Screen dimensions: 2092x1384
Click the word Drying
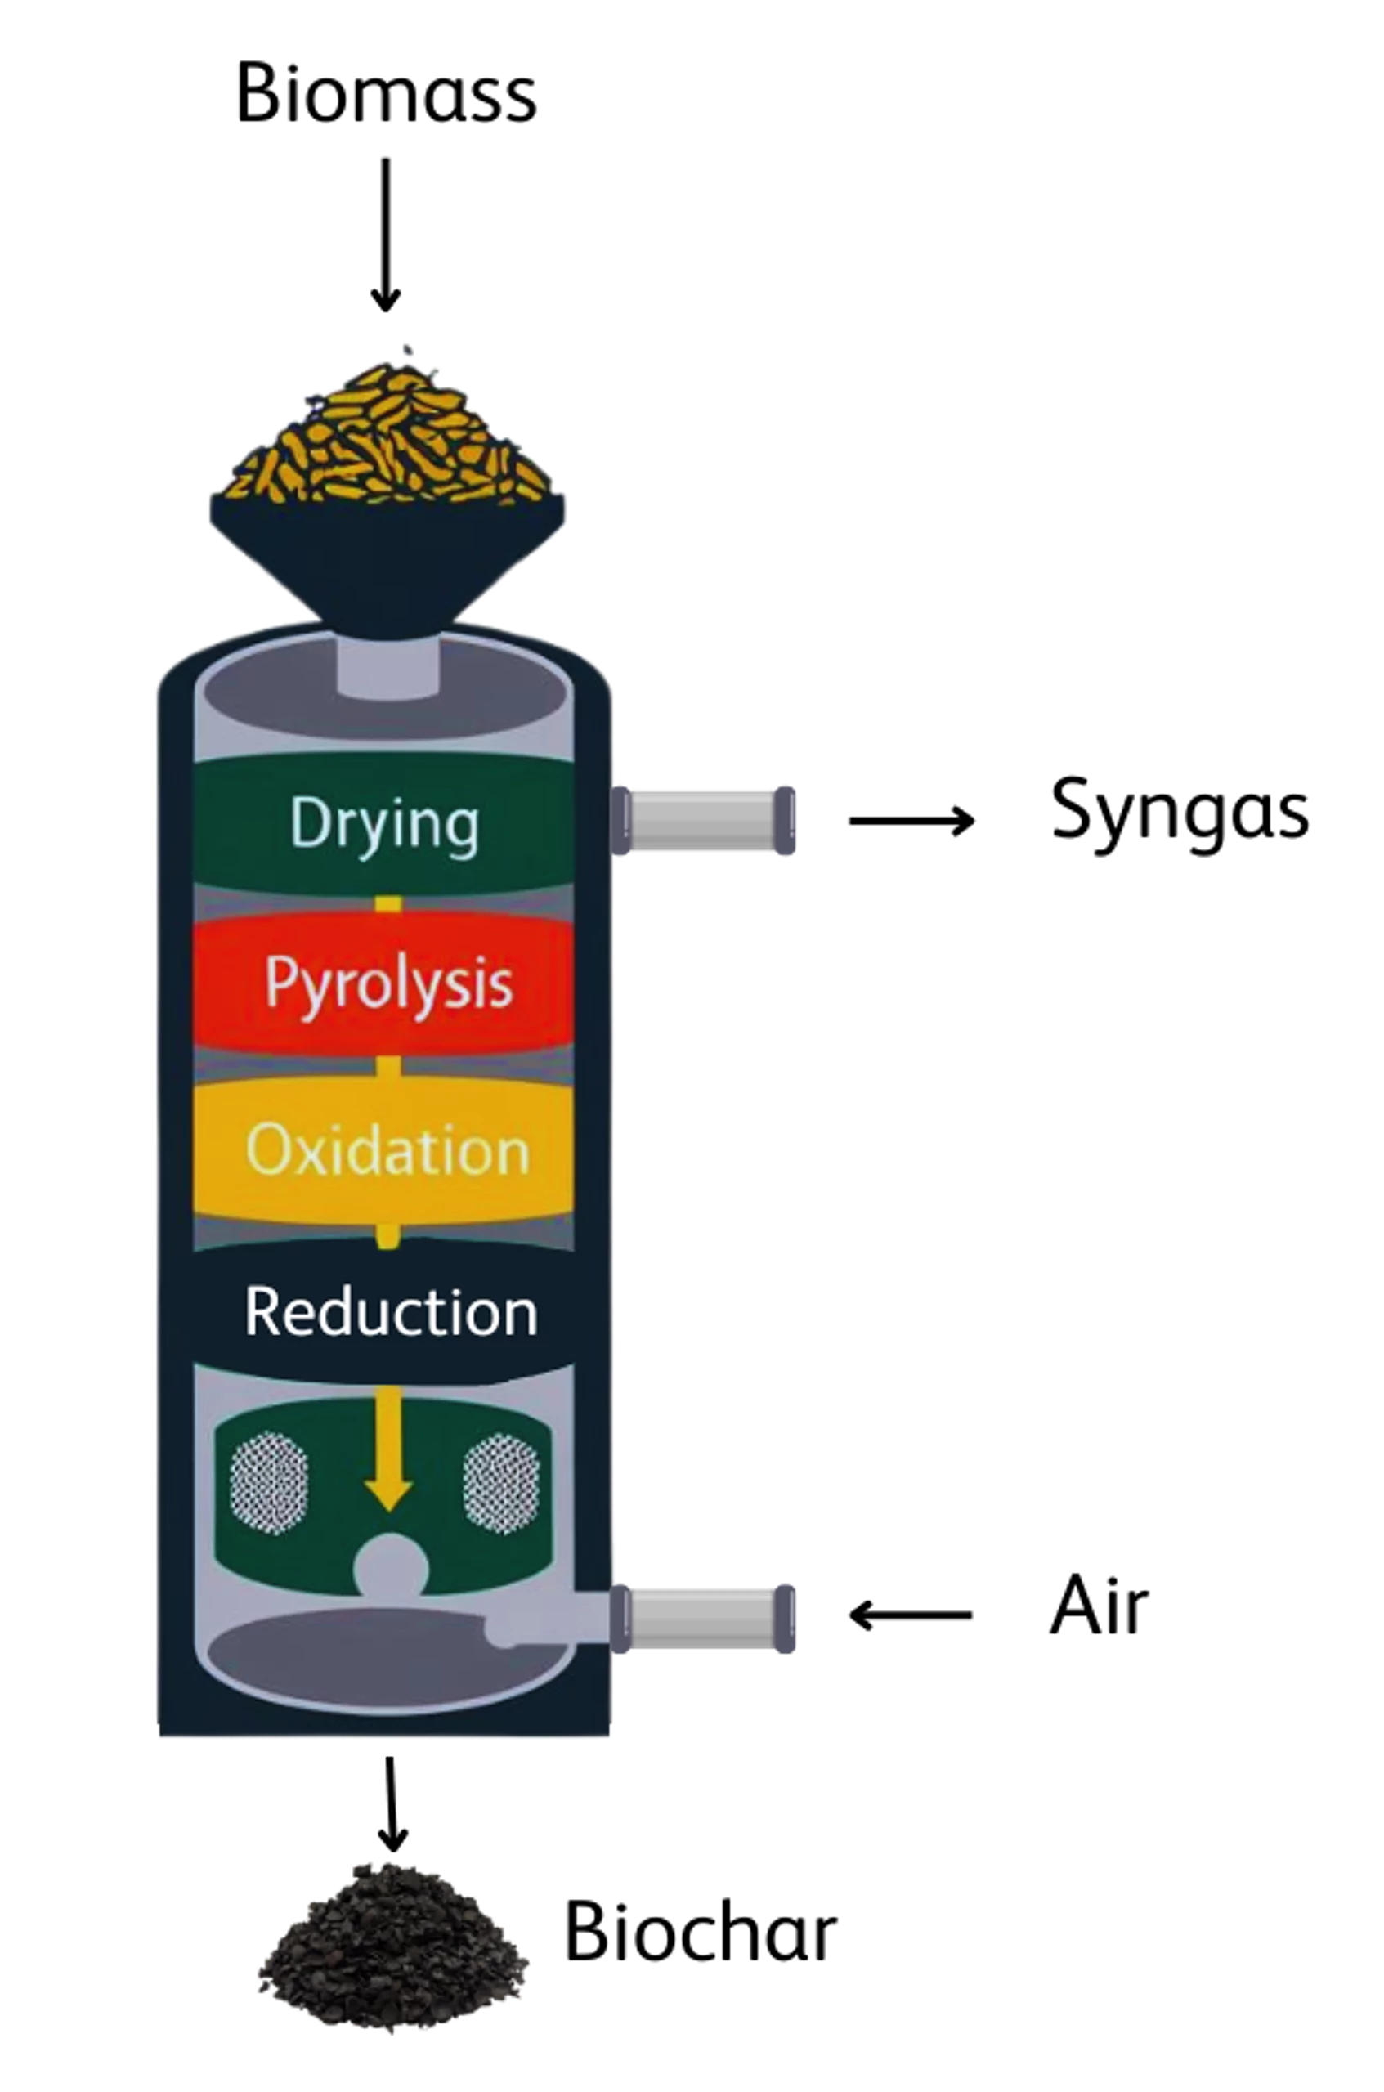385,824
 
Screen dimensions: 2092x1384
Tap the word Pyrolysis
388,983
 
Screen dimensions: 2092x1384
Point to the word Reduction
390,1313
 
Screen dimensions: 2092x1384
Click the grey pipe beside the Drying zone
702,820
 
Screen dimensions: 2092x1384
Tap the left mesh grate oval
269,1482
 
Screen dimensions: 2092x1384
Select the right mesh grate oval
500,1482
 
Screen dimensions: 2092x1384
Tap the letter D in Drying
305,822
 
